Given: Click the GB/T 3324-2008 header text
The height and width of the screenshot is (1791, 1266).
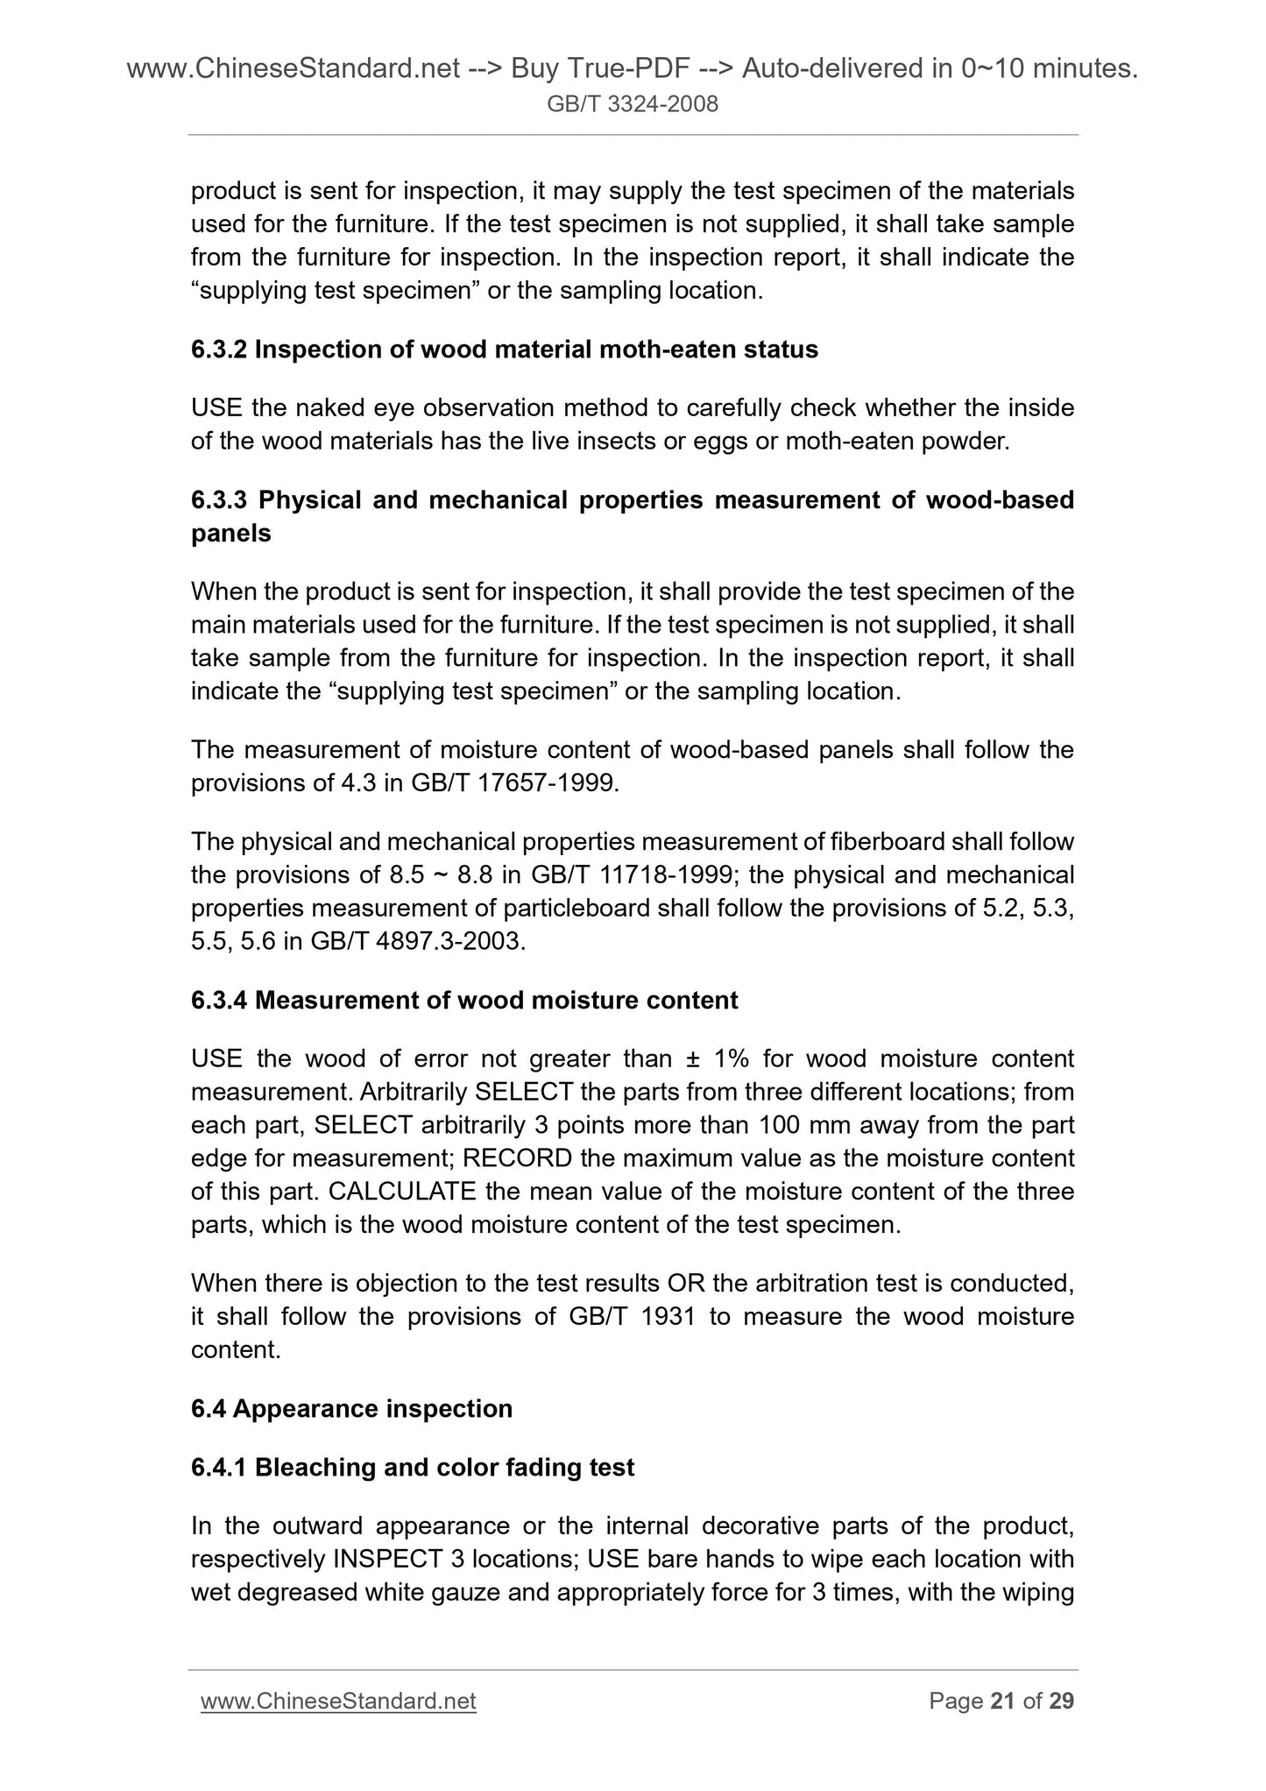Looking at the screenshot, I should click(x=633, y=105).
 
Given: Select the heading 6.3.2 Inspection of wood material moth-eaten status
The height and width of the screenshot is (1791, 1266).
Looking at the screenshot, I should click(x=505, y=350).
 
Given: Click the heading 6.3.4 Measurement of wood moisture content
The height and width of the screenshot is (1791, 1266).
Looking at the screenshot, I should click(x=464, y=1000).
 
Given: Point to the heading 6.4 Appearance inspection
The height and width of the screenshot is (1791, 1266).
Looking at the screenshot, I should click(x=351, y=1408).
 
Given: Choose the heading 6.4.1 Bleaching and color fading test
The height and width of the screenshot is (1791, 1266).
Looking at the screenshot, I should click(x=413, y=1467).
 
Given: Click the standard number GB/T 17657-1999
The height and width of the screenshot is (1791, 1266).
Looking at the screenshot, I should click(x=513, y=783).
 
